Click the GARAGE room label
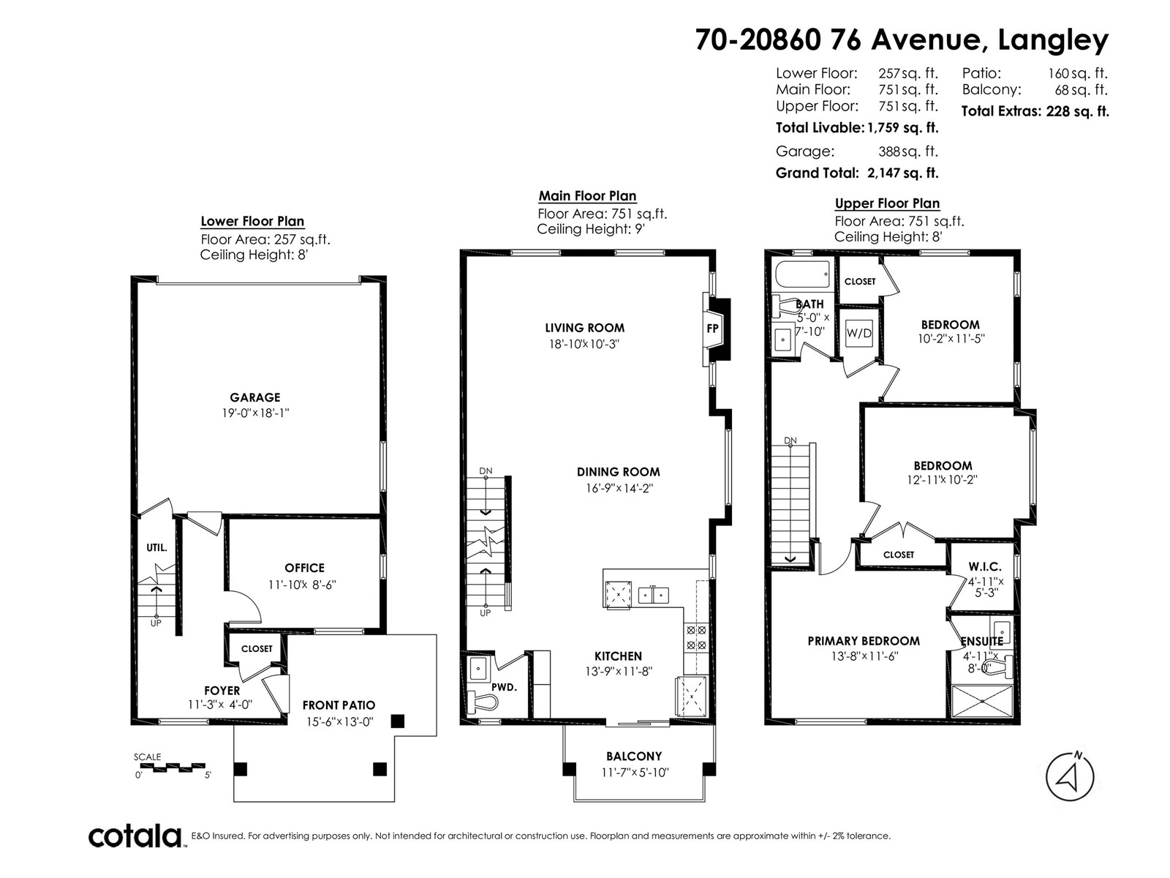click(254, 397)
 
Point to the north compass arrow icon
click(1069, 777)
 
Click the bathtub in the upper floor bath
click(803, 274)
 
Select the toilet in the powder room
click(482, 700)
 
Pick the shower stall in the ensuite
click(981, 701)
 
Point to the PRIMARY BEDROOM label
click(863, 641)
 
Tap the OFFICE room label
click(304, 568)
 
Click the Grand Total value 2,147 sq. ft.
click(903, 173)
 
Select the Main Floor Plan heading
click(587, 195)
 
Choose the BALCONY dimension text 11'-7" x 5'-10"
click(634, 772)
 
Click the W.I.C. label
click(984, 566)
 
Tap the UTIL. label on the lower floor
click(156, 547)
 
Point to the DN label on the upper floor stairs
click(790, 440)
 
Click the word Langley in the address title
click(1053, 40)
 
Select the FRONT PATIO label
click(339, 705)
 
